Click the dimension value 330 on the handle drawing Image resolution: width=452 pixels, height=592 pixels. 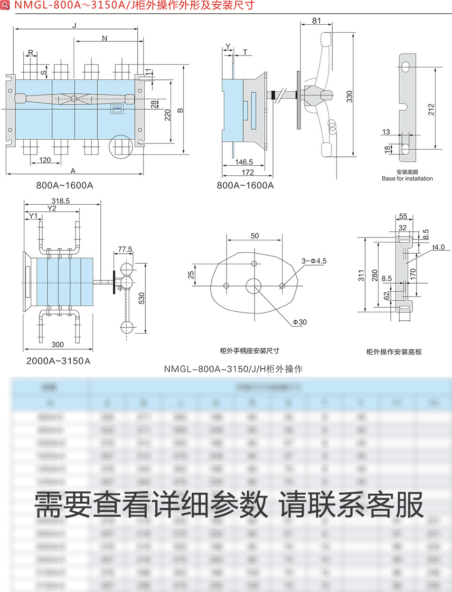point(349,97)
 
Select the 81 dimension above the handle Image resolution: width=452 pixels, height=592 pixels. point(317,20)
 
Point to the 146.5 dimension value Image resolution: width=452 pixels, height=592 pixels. point(245,162)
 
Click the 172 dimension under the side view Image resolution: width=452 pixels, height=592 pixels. point(248,172)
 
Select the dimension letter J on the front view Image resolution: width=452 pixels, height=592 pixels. point(74,25)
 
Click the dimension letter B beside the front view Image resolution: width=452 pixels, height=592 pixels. point(180,111)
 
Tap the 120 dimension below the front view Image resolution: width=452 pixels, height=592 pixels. point(45,160)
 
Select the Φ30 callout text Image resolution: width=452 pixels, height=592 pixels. point(300,322)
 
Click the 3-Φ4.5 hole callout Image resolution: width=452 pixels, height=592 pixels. point(314,261)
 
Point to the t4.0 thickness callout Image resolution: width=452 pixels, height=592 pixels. point(438,248)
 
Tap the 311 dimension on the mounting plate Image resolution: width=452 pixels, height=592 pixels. point(361,275)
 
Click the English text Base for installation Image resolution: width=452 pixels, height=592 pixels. point(407,179)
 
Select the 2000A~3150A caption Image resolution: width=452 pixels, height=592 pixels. point(58,361)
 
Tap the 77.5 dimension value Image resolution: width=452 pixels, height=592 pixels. point(125,249)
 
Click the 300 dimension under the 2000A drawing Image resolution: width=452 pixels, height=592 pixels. point(58,344)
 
